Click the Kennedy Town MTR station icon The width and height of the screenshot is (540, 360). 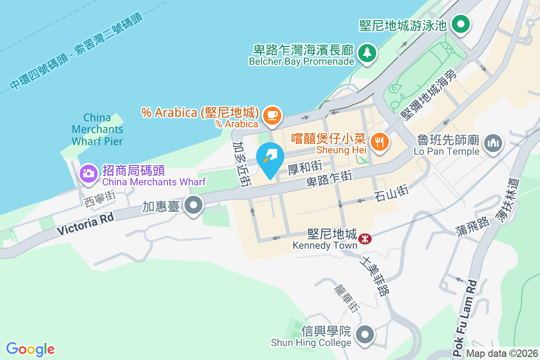(364, 238)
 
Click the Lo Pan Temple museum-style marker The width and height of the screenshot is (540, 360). (493, 144)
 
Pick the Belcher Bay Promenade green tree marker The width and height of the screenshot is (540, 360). (368, 53)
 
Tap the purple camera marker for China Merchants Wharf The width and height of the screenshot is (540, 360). (89, 173)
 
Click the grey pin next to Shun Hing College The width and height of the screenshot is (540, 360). (365, 335)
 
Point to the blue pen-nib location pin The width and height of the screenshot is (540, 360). (270, 158)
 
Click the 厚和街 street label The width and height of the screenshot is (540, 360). (305, 167)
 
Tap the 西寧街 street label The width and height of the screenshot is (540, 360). (100, 198)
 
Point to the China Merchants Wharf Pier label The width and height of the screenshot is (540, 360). (97, 130)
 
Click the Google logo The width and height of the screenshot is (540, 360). (30, 349)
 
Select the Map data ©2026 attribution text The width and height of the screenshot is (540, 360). (502, 354)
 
